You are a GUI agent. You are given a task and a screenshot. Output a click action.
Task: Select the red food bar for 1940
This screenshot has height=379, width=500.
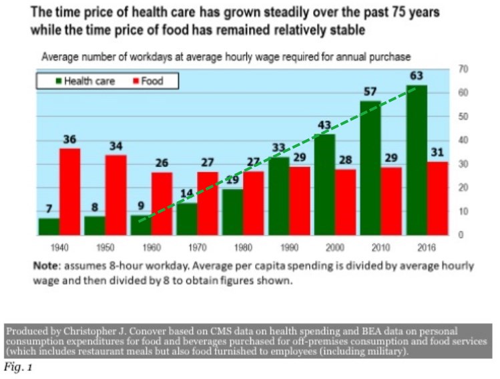pos(70,192)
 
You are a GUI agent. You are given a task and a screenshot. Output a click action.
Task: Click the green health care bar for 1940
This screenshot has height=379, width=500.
pos(49,227)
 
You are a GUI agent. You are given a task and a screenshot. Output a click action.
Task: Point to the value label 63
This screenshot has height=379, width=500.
pos(417,76)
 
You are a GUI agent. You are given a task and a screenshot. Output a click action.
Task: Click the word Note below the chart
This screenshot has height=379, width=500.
pos(46,265)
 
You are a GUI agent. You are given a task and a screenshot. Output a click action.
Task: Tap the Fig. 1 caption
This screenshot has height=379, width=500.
pos(18,367)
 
